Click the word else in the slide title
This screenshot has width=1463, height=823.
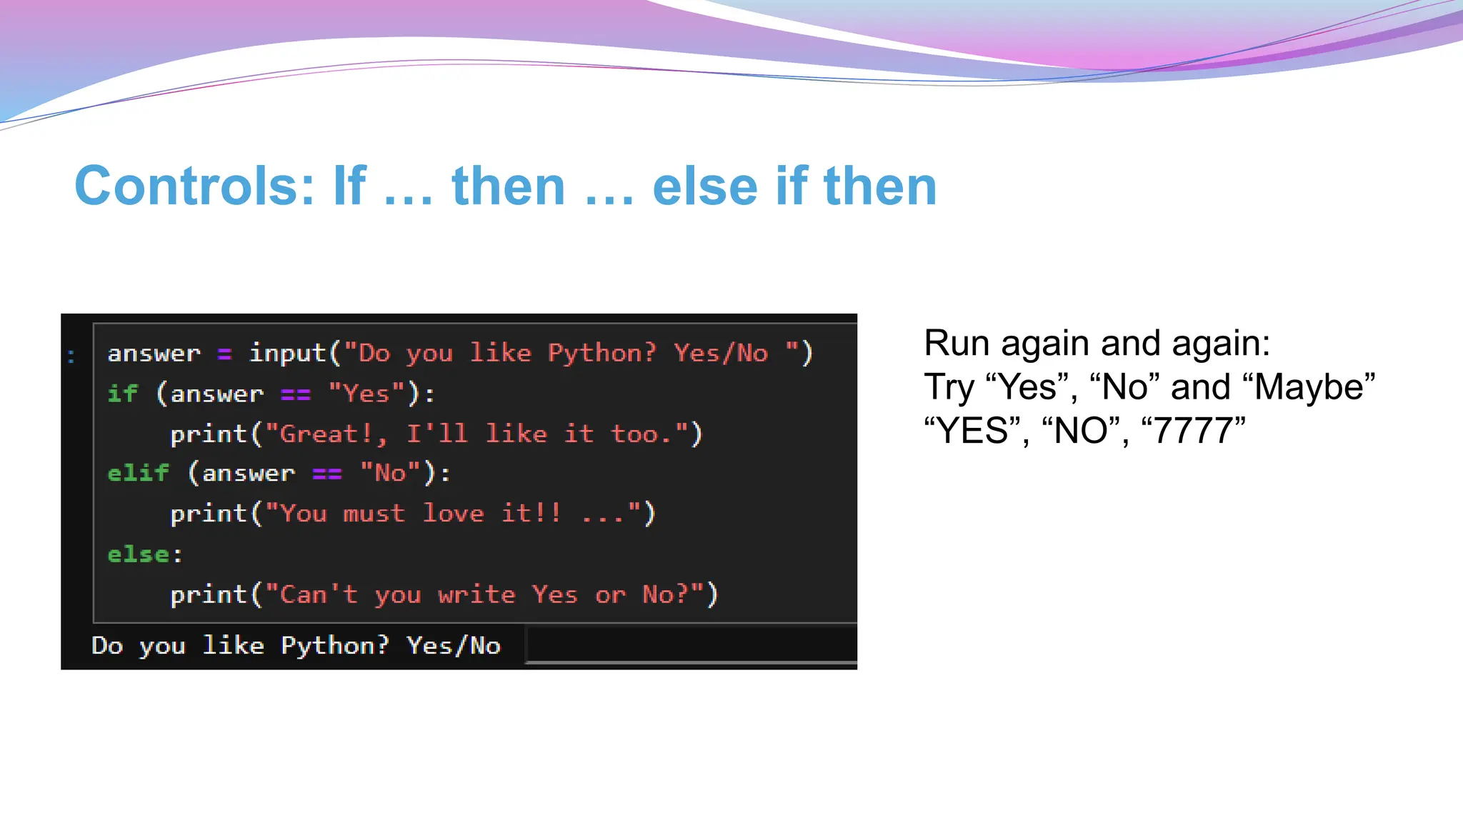pos(704,186)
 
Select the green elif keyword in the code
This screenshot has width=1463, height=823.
pos(139,473)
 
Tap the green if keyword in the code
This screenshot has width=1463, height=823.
pos(123,393)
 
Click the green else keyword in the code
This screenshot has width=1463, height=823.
pos(139,554)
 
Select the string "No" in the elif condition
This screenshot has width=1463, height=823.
pos(390,473)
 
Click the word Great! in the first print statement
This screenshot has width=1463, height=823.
pos(325,434)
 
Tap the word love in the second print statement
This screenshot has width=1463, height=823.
pos(453,513)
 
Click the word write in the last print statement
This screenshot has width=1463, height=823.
pos(476,594)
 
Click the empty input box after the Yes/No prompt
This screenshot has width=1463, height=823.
pos(690,644)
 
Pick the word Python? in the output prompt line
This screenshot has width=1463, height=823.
pos(334,645)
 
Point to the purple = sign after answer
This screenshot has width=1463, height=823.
pos(224,354)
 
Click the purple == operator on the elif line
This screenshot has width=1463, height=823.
pos(327,474)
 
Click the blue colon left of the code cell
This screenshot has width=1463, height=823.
pos(71,355)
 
